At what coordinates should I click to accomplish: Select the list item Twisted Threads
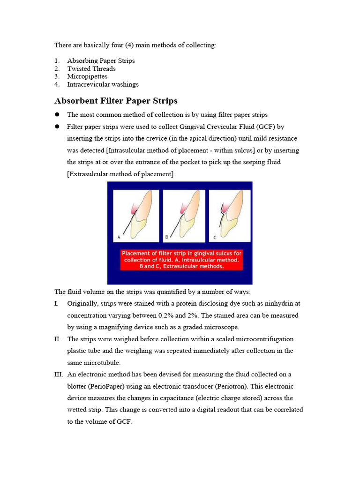[91, 68]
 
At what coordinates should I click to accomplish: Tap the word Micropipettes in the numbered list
[87, 76]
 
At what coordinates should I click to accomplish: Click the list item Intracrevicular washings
[103, 84]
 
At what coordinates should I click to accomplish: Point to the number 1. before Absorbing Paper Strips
[57, 60]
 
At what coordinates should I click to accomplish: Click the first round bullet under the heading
[57, 114]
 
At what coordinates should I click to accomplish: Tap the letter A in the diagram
[119, 237]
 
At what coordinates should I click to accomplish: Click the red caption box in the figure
[181, 260]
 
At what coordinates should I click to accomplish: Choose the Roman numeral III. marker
[59, 374]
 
